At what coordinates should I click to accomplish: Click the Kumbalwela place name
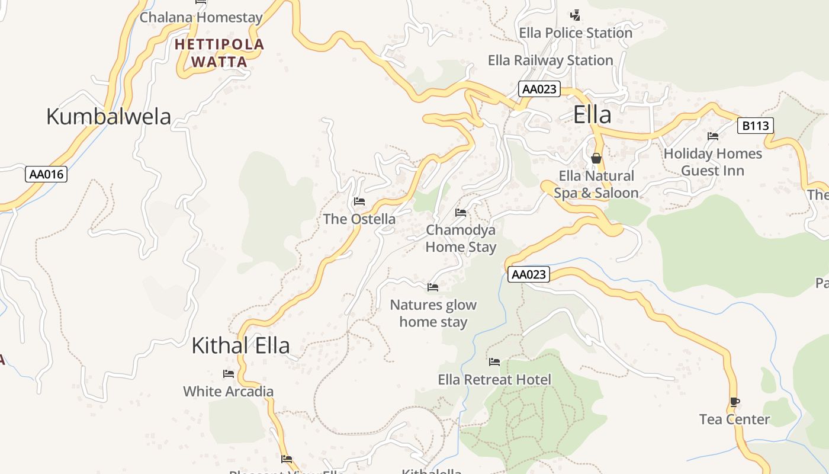108,117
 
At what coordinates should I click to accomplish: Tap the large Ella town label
592,115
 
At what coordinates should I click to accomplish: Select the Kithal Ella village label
240,345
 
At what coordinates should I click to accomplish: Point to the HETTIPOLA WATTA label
219,53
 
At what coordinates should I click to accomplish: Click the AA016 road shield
47,174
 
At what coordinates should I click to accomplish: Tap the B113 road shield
756,126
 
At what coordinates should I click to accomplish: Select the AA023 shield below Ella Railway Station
539,89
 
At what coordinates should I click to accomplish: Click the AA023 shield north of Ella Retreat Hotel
528,274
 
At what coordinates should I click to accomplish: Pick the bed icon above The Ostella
359,201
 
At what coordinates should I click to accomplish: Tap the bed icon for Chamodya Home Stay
461,213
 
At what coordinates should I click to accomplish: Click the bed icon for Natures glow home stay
433,287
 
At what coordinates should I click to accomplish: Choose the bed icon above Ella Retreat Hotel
494,362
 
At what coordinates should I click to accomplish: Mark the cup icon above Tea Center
735,402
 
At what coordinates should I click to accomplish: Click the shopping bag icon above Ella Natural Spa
596,158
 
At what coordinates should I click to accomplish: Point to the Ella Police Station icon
575,15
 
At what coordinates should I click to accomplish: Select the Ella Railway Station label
550,60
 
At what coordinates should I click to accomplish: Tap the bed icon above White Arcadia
229,374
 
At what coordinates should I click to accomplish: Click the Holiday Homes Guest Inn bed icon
713,136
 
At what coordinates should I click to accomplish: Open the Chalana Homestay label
201,18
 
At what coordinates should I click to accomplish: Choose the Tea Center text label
734,419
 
